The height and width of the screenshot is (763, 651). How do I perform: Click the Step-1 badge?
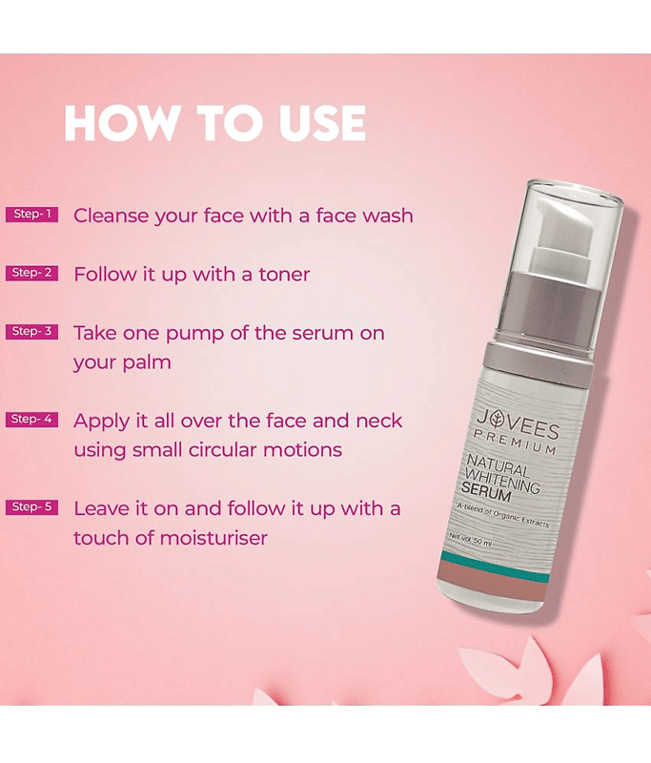[x=32, y=214]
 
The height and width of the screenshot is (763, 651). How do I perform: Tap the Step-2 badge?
[x=32, y=273]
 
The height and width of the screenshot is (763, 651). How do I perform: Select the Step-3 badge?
[x=32, y=331]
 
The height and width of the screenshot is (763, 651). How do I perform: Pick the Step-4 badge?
[x=32, y=420]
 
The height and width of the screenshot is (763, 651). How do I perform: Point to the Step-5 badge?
[x=32, y=507]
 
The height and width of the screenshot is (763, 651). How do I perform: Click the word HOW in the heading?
[x=121, y=123]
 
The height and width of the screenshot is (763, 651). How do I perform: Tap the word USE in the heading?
[x=322, y=123]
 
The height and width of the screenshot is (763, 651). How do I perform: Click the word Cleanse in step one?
[x=111, y=216]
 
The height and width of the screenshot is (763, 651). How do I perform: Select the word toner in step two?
[x=284, y=275]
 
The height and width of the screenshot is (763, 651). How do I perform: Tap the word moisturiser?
[x=214, y=538]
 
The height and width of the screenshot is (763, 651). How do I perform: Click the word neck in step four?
[x=378, y=421]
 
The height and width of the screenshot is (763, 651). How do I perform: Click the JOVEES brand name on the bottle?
[x=519, y=424]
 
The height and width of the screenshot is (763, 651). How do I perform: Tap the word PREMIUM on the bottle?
[x=516, y=442]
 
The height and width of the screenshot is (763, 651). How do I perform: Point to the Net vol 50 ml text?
[x=471, y=540]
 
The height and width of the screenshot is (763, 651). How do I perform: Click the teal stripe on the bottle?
[x=494, y=567]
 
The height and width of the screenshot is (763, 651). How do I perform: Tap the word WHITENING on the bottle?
[x=502, y=480]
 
